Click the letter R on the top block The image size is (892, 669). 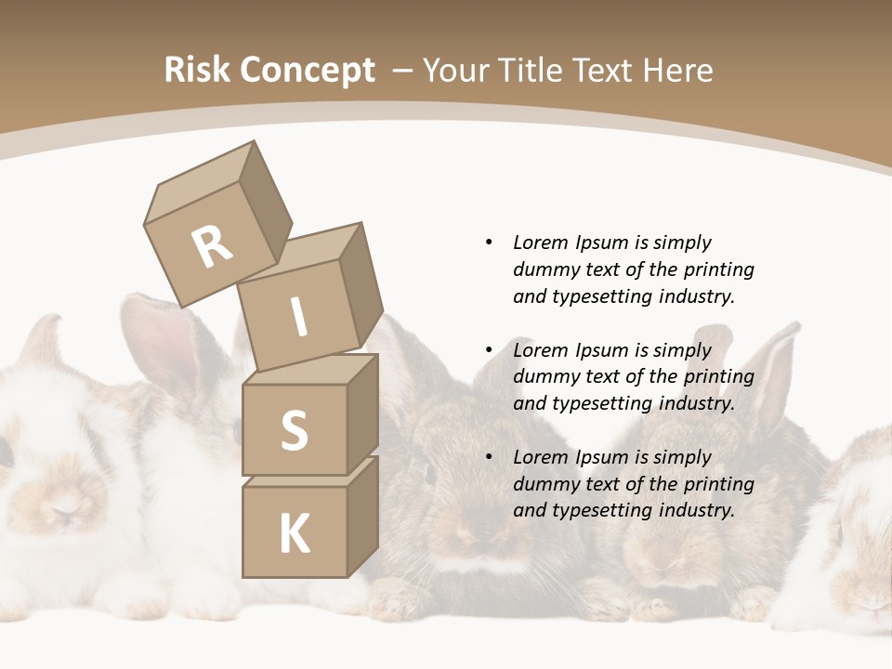pos(212,248)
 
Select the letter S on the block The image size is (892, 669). pos(294,430)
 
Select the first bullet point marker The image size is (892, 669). pos(489,243)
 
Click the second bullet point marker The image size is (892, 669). pos(489,350)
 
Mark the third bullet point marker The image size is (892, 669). pos(489,457)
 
